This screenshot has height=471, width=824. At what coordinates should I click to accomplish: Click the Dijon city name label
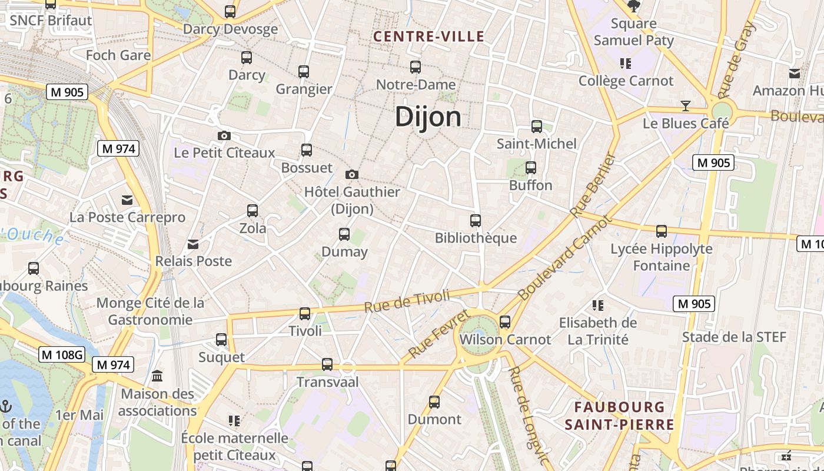428,117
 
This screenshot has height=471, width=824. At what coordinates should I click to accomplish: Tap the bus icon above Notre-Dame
416,67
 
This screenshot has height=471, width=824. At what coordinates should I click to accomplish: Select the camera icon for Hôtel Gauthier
352,174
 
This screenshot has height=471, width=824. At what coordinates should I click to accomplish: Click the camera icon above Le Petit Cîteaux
224,136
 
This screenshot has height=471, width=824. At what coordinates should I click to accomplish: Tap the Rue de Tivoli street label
407,301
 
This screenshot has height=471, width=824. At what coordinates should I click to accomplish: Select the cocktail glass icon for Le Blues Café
686,106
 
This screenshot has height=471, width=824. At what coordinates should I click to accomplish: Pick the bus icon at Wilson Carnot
505,322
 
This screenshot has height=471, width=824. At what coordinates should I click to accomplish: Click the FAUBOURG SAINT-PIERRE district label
620,416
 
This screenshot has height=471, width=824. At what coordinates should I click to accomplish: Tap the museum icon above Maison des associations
157,376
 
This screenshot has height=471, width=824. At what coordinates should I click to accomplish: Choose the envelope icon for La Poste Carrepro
127,200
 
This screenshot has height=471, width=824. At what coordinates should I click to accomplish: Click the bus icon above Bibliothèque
476,221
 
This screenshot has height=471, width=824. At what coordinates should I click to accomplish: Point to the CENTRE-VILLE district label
429,37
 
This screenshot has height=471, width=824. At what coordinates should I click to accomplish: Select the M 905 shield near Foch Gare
67,92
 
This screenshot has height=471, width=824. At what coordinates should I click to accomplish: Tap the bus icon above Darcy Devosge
230,11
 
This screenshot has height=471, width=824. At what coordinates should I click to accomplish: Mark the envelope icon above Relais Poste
193,244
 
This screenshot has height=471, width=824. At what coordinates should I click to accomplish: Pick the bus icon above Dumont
434,402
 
